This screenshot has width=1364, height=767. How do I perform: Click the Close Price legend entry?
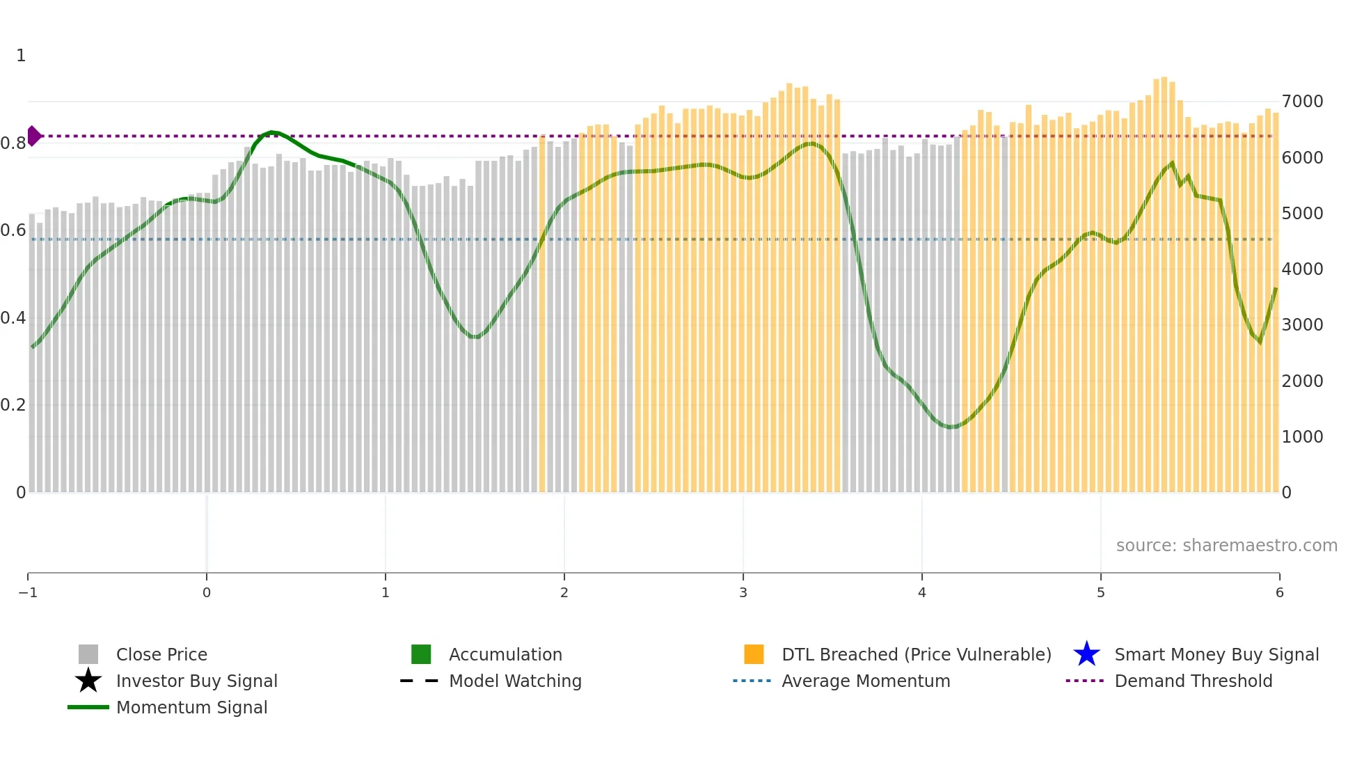(161, 654)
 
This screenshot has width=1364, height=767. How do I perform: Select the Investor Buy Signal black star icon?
(88, 681)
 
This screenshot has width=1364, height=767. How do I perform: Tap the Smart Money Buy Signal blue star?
(1086, 654)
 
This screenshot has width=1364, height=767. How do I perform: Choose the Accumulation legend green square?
(421, 654)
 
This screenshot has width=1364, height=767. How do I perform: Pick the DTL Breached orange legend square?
(754, 654)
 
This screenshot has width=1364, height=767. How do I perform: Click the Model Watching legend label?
(515, 681)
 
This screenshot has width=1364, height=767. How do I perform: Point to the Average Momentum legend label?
(866, 681)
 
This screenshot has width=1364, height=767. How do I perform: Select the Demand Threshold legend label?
(1193, 681)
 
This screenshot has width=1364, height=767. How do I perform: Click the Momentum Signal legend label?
(191, 707)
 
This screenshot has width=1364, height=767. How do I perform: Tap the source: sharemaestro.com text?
(1226, 546)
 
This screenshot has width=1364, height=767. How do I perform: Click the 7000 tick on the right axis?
(1302, 102)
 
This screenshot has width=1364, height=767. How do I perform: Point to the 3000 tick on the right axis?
(1302, 325)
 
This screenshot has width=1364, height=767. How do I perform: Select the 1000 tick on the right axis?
(1302, 437)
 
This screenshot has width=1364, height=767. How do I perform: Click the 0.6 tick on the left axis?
(13, 230)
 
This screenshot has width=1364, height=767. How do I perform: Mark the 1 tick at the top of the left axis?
(21, 56)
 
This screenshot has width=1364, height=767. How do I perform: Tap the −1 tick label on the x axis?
(28, 593)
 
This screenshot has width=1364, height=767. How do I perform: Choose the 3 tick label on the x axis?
(743, 593)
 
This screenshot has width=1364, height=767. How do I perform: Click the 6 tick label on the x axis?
(1279, 593)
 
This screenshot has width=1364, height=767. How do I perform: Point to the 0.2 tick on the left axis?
(13, 405)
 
